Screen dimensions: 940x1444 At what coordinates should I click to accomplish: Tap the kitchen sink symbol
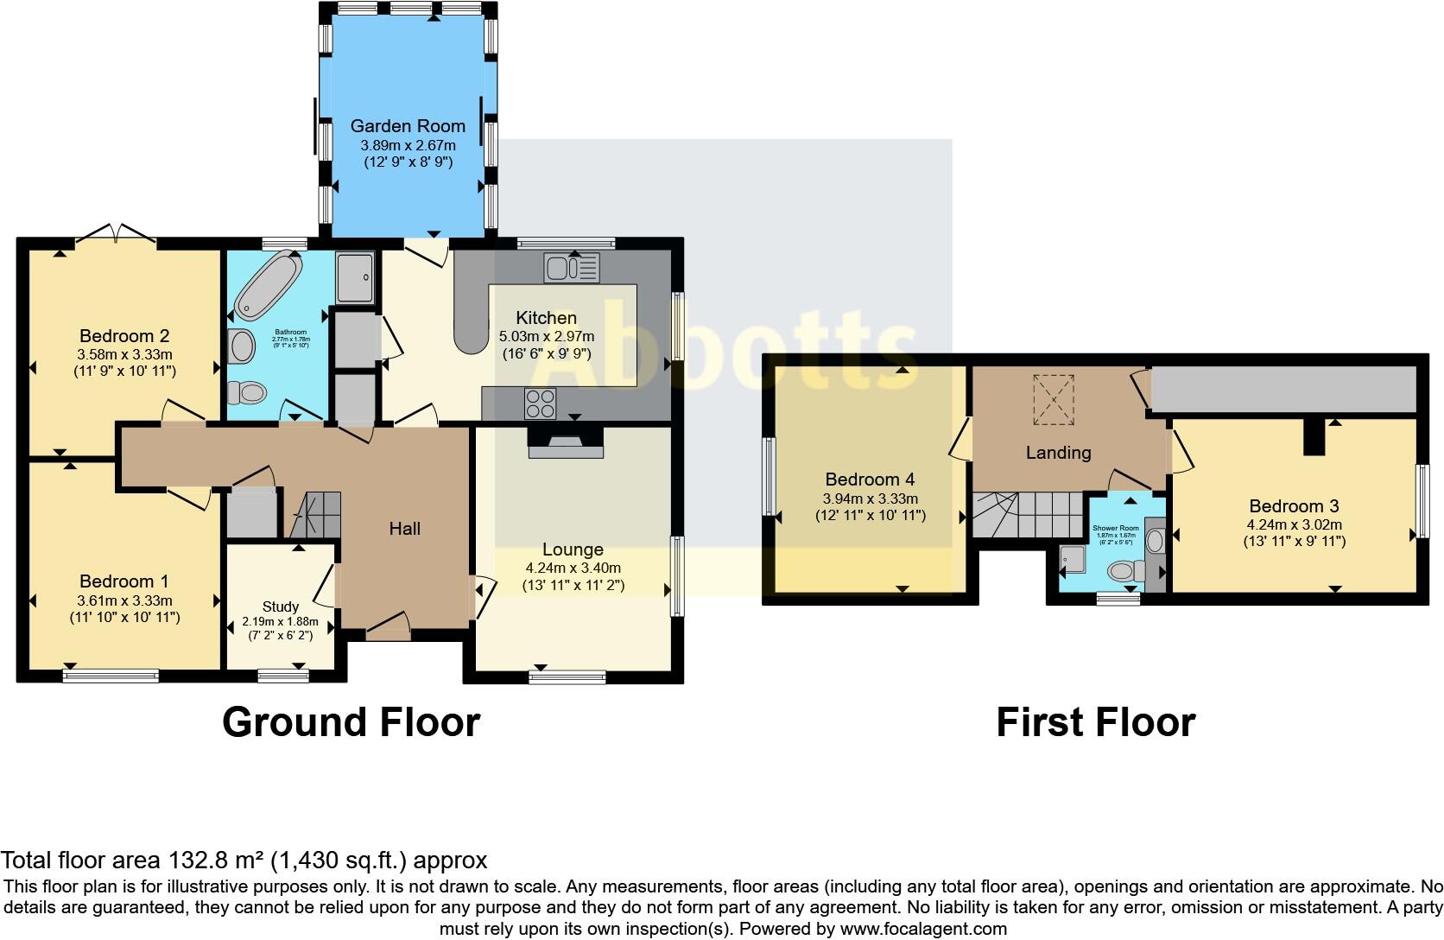[572, 268]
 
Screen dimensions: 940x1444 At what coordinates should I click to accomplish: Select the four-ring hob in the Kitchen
[541, 403]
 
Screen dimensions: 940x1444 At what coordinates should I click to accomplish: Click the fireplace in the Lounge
[566, 445]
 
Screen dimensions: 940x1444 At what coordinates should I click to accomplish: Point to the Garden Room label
[408, 126]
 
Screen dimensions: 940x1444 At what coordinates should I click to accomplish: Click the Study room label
[281, 607]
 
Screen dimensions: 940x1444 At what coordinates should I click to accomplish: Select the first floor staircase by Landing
[1028, 515]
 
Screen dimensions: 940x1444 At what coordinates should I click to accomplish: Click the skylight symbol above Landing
[1054, 400]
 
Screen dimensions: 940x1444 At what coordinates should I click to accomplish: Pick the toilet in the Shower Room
[1124, 570]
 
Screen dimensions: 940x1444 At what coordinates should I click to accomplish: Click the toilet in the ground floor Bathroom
[247, 393]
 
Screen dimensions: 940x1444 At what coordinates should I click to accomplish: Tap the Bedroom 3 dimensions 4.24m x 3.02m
[1293, 524]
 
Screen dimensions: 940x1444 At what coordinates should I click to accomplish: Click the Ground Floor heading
[351, 722]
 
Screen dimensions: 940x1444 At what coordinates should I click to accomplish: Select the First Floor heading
[1095, 722]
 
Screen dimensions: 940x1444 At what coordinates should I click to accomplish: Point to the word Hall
[404, 529]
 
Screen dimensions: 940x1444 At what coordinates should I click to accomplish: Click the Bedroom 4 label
[870, 480]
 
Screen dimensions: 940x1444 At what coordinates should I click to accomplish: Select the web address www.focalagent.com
[923, 930]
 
